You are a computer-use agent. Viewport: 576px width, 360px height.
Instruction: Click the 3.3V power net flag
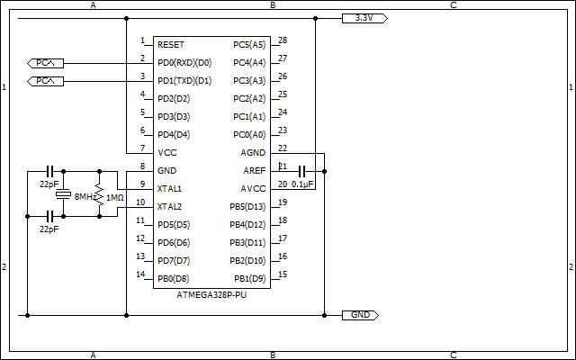(x=364, y=18)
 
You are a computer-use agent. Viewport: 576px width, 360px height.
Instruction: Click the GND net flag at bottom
(x=361, y=315)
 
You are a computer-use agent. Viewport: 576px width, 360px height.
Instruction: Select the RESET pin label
(x=172, y=44)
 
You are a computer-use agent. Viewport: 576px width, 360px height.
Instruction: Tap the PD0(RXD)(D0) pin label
(x=184, y=63)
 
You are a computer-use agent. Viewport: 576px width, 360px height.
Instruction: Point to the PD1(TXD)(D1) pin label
(x=184, y=81)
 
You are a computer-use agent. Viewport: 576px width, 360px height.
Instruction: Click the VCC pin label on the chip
(x=167, y=152)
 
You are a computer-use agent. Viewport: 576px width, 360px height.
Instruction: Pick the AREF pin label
(x=254, y=171)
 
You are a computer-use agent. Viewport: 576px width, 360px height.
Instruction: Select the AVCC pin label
(x=254, y=189)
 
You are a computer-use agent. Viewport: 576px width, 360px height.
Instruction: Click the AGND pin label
(x=254, y=152)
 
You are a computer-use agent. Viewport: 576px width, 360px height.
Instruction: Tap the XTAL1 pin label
(x=170, y=189)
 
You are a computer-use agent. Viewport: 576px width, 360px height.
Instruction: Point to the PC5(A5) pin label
(x=249, y=44)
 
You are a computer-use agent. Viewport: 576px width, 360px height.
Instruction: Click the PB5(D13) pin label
(x=247, y=207)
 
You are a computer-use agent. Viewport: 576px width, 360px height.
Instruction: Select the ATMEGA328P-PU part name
(x=211, y=295)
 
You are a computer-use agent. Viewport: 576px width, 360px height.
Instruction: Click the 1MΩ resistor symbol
(x=100, y=197)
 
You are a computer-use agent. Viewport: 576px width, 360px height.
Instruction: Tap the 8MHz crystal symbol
(x=63, y=195)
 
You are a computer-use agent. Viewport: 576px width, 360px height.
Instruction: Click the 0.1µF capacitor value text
(x=302, y=184)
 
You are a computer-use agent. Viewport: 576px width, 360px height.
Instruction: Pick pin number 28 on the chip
(x=283, y=40)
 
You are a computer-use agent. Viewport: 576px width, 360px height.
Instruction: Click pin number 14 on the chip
(x=140, y=274)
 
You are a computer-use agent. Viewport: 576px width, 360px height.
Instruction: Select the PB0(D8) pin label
(x=173, y=278)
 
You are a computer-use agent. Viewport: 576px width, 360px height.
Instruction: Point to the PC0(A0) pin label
(x=249, y=135)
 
